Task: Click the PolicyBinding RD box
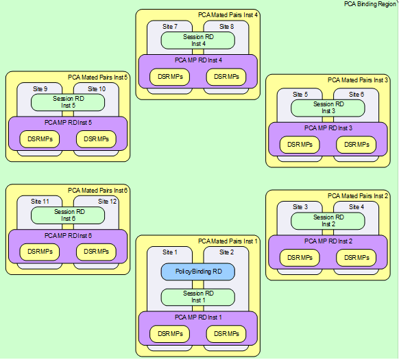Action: pyautogui.click(x=197, y=272)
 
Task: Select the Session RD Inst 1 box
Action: pyautogui.click(x=197, y=297)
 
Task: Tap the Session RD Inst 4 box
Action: pyautogui.click(x=197, y=40)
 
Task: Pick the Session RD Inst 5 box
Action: pyautogui.click(x=68, y=102)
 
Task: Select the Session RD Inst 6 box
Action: pyautogui.click(x=68, y=215)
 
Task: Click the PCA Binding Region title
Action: pyautogui.click(x=370, y=4)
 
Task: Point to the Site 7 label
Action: pyautogui.click(x=169, y=26)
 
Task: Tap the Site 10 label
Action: pyautogui.click(x=97, y=88)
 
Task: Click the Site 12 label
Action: pyautogui.click(x=108, y=201)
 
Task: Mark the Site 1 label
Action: pyautogui.click(x=169, y=252)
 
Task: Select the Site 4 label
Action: pyautogui.click(x=356, y=206)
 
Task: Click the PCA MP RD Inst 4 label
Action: pyautogui.click(x=197, y=60)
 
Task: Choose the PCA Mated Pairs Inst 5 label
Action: pyautogui.click(x=98, y=77)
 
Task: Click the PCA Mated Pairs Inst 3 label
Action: pyautogui.click(x=358, y=80)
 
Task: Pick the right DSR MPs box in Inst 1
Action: pyautogui.click(x=226, y=333)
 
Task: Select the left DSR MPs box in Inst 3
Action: pyautogui.click(x=300, y=145)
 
